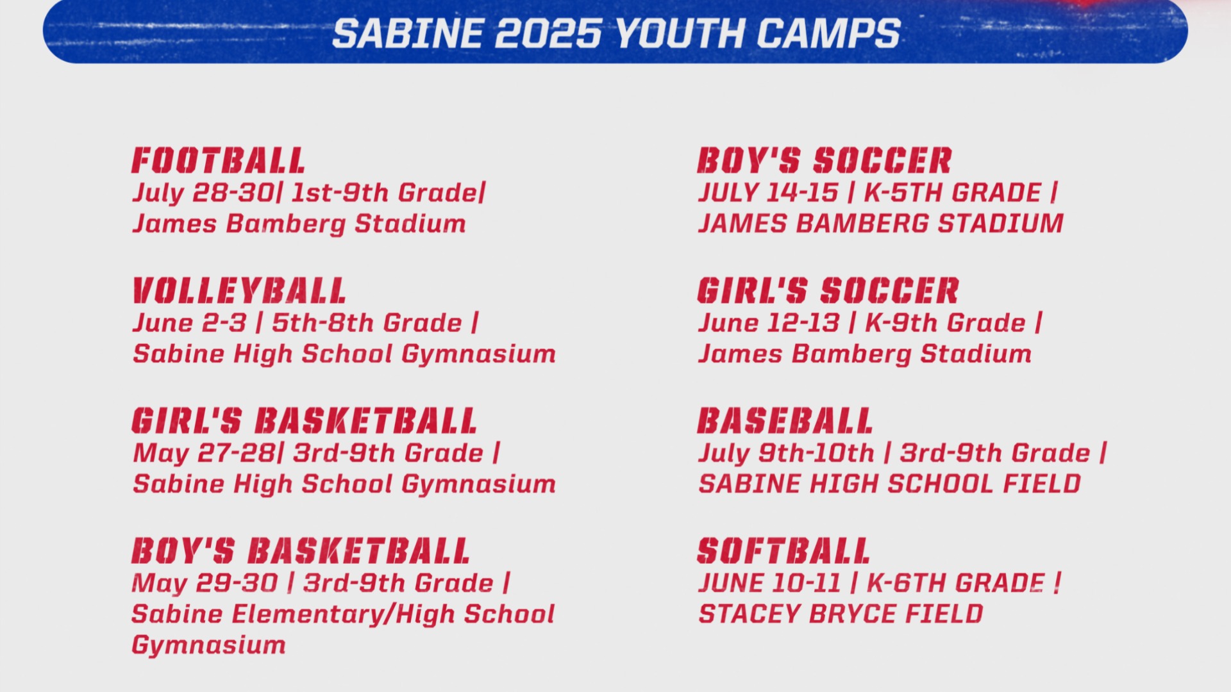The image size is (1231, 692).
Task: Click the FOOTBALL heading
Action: (218, 160)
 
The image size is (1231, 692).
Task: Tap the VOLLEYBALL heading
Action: (239, 290)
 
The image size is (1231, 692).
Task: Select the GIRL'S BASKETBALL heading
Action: (304, 420)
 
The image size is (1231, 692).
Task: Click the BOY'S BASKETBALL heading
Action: (301, 550)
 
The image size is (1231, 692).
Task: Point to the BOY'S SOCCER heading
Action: (825, 160)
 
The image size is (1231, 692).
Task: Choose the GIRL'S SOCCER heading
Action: (828, 290)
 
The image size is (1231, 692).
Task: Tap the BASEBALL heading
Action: (785, 420)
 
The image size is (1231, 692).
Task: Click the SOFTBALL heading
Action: (783, 550)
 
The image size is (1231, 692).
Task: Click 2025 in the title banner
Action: (548, 33)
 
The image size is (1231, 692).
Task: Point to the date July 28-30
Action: (203, 193)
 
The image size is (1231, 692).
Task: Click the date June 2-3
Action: (189, 322)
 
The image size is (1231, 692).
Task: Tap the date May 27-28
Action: (205, 452)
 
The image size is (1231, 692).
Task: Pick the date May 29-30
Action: (205, 582)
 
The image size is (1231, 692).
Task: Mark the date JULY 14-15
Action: (768, 192)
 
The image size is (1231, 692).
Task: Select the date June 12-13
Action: (769, 322)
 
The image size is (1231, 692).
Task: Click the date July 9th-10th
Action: (786, 452)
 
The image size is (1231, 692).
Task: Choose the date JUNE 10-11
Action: (769, 582)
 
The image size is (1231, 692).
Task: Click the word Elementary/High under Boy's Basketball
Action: (342, 614)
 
